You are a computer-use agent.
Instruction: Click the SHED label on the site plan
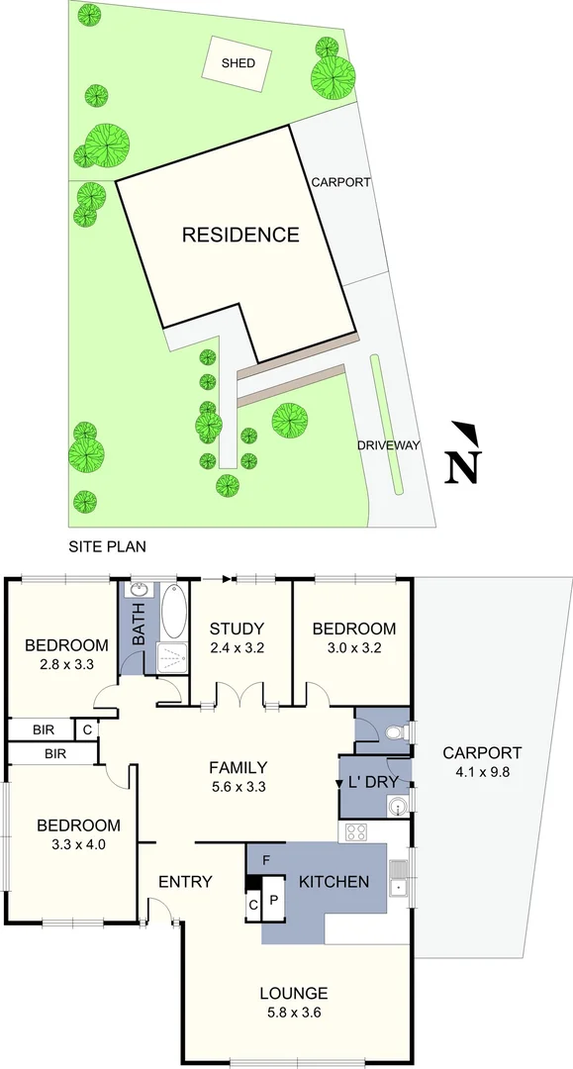tap(238, 63)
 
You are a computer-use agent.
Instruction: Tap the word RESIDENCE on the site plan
tap(239, 235)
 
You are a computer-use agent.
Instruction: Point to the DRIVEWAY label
tap(389, 445)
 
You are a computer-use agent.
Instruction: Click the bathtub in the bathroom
tap(173, 612)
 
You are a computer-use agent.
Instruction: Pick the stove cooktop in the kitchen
tap(354, 831)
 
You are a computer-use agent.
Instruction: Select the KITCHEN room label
tap(334, 881)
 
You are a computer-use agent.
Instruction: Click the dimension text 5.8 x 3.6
tap(293, 1013)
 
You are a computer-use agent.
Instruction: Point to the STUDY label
tap(237, 629)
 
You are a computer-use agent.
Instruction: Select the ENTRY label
tap(185, 882)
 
